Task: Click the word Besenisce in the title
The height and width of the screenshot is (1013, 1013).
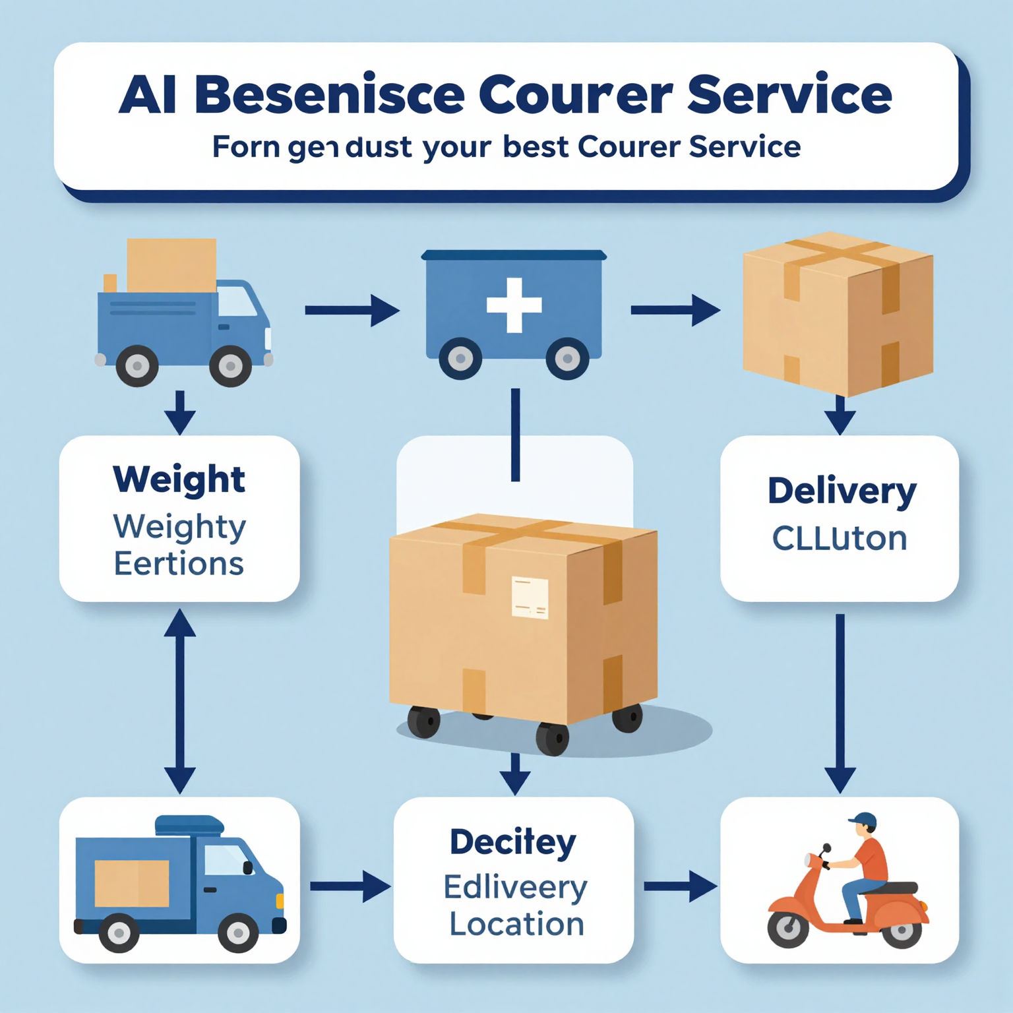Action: (x=330, y=95)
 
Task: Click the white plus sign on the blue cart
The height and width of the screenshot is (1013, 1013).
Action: (x=514, y=305)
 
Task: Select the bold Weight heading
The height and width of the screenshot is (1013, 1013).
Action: (x=179, y=479)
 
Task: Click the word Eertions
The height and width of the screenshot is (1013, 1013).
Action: (x=179, y=565)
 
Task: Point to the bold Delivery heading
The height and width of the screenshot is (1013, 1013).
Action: (x=842, y=492)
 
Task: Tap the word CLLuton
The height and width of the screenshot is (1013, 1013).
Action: (x=840, y=539)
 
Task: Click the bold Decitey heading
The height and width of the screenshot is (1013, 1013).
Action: (x=513, y=843)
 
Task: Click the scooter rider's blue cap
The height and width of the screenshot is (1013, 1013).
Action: (x=863, y=820)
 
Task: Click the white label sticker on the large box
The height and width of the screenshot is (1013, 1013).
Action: (x=530, y=598)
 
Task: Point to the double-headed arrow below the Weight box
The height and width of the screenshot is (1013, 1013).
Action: (x=180, y=700)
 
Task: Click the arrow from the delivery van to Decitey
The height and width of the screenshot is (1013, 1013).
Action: (x=350, y=886)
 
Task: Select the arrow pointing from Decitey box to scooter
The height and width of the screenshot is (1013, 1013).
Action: (x=679, y=886)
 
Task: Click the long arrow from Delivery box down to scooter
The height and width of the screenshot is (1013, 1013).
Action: (x=840, y=702)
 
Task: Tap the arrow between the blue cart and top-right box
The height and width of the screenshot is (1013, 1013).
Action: (x=675, y=310)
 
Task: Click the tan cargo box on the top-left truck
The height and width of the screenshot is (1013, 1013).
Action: (x=171, y=265)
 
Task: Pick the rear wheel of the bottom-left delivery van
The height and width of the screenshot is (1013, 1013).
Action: (x=119, y=933)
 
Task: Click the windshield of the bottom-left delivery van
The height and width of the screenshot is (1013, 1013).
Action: (x=225, y=860)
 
